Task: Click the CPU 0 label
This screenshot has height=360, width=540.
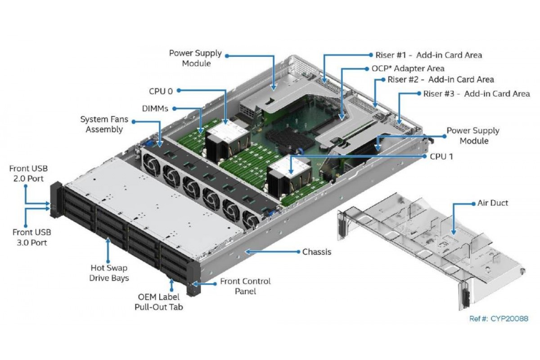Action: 161,91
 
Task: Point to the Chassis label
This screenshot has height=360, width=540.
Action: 316,252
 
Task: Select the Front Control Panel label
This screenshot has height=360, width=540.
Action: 245,286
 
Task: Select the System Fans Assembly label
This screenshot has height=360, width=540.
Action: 101,124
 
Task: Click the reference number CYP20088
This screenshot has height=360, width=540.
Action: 499,319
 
